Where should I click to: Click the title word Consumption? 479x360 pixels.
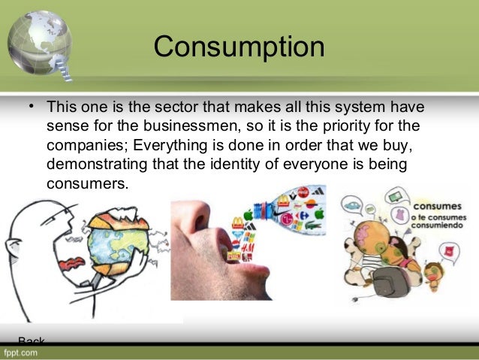coord(239,47)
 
